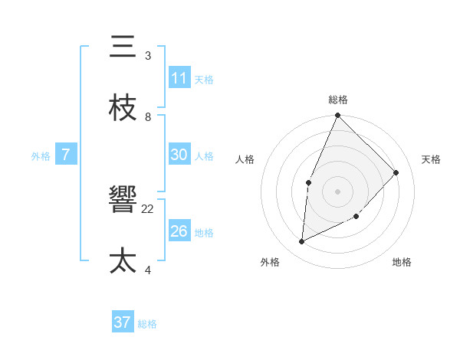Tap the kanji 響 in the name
coord(123,201)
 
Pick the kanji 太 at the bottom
coord(123,260)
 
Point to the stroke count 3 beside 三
coord(148,56)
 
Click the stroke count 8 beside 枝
coord(148,116)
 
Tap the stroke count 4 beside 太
coord(148,270)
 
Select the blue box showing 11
coord(179,78)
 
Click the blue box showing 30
coord(179,155)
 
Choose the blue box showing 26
coord(179,231)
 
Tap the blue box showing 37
coord(123,322)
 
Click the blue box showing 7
coord(66,155)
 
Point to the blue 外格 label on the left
coord(41,155)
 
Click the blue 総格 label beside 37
coord(147,324)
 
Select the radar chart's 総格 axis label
coord(338,100)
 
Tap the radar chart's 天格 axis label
coord(431,159)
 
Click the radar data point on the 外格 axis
coord(302,242)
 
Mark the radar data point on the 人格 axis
coord(308,182)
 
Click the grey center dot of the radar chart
coord(337,191)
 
